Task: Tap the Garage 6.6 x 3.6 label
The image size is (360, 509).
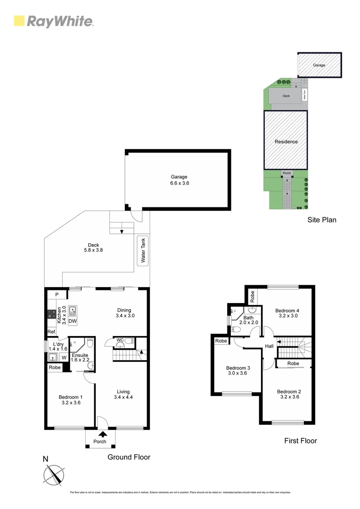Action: (179, 180)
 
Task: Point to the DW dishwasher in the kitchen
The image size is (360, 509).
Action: (72, 321)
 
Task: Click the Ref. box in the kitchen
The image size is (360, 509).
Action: (51, 332)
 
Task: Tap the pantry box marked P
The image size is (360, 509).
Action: (57, 295)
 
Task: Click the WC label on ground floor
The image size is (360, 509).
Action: (120, 339)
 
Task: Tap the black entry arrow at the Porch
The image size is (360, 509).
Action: (102, 434)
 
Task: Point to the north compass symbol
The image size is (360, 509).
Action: (53, 474)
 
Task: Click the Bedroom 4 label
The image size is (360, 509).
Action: (287, 313)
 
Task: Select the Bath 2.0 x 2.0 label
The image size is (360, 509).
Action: (248, 320)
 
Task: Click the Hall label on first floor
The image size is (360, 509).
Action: (269, 346)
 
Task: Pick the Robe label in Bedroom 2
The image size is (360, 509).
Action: (293, 364)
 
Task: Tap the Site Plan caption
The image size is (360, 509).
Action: (322, 220)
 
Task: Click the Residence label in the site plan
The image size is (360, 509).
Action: (286, 141)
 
